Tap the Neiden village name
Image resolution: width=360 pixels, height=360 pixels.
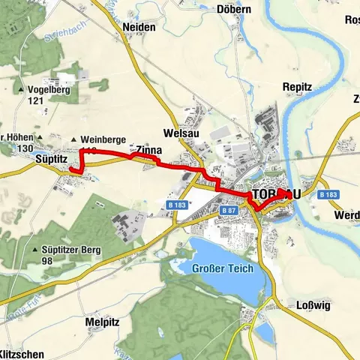tap(138, 27)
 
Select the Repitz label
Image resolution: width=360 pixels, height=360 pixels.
tap(297, 88)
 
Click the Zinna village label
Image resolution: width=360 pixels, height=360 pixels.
tap(149, 150)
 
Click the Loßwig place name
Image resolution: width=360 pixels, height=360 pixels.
tap(304, 305)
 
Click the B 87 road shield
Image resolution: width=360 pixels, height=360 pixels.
tap(229, 212)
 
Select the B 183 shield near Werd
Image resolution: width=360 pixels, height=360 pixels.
tap(328, 194)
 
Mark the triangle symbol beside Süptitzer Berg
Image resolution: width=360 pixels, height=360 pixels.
tap(35, 249)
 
